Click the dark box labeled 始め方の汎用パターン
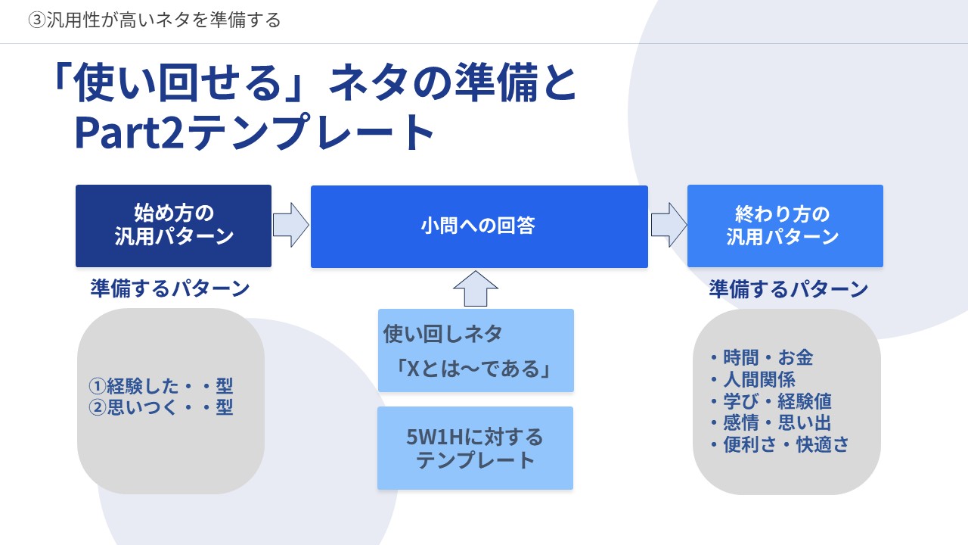pyautogui.click(x=173, y=226)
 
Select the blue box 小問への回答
pyautogui.click(x=479, y=226)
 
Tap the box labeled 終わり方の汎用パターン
pyautogui.click(x=784, y=226)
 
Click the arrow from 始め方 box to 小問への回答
pyautogui.click(x=290, y=225)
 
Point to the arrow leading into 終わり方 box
pyautogui.click(x=668, y=225)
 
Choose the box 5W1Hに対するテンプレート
pyautogui.click(x=475, y=448)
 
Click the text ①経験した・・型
pyautogui.click(x=160, y=386)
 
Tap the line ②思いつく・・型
pyautogui.click(x=160, y=408)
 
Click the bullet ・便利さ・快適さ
pyautogui.click(x=778, y=444)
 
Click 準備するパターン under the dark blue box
pyautogui.click(x=170, y=288)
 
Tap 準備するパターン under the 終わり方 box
pyautogui.click(x=788, y=289)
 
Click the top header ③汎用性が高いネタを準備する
pyautogui.click(x=154, y=20)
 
